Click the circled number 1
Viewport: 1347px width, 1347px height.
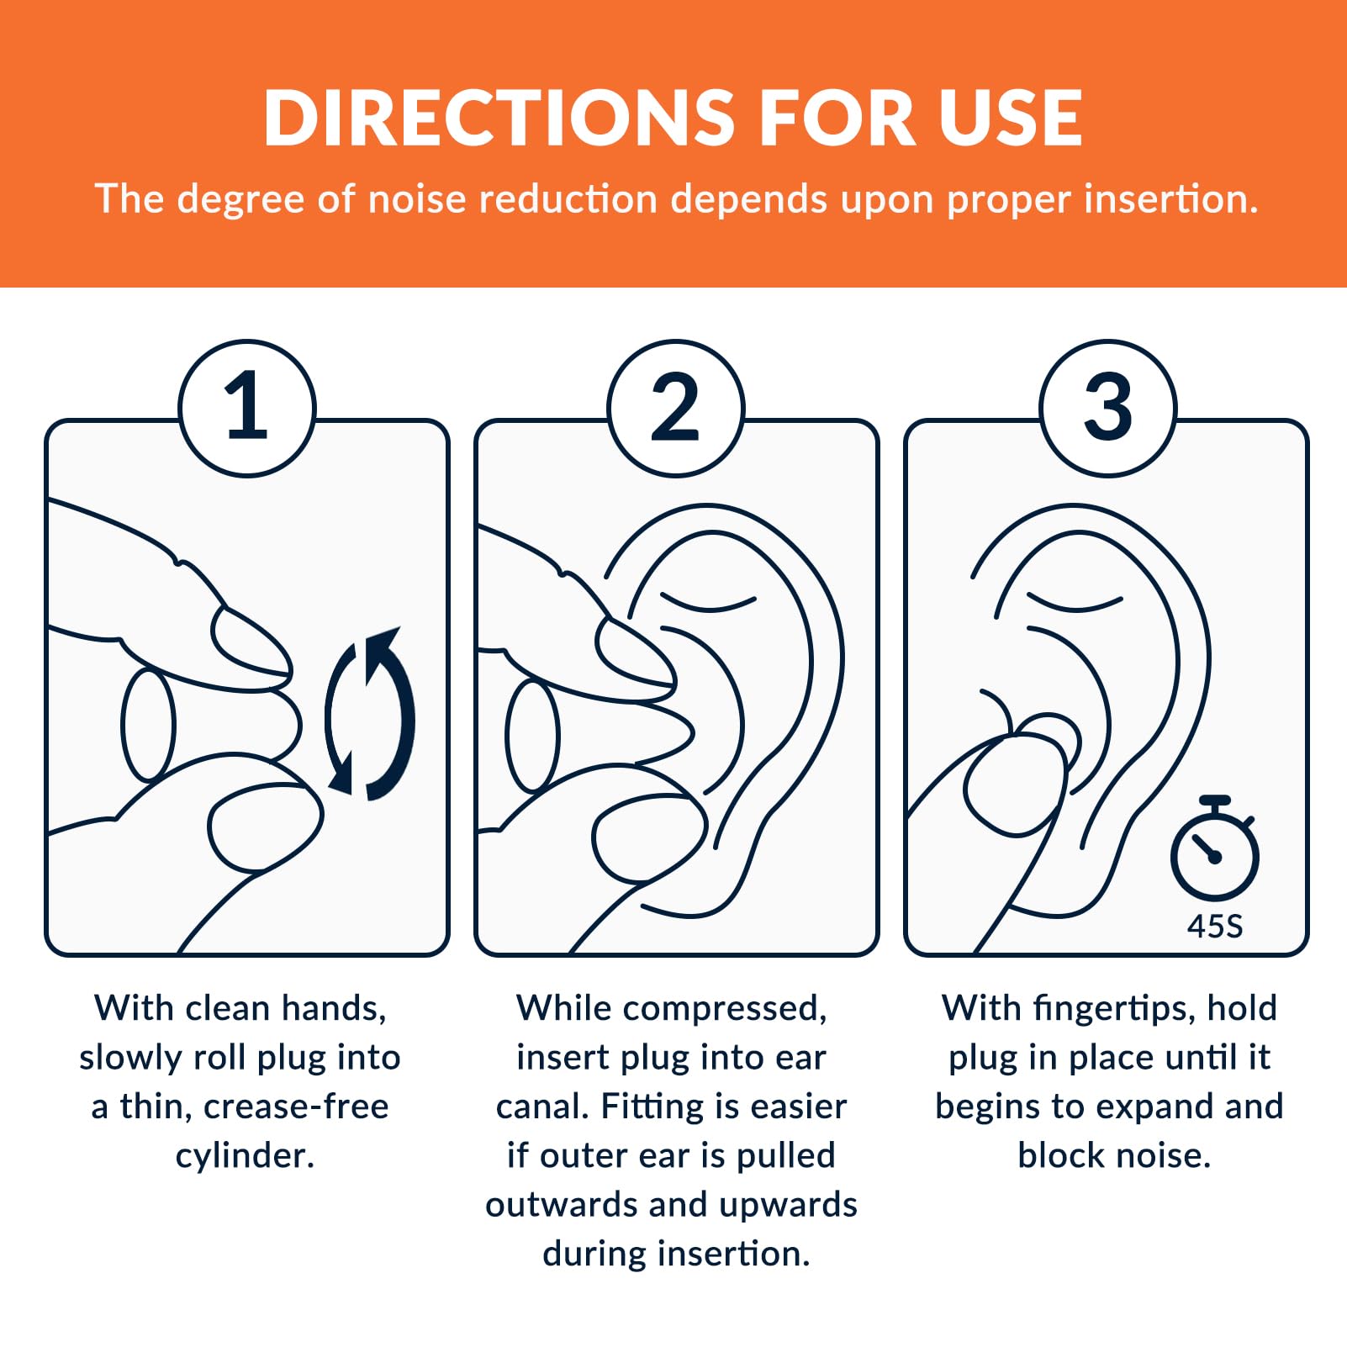pos(247,408)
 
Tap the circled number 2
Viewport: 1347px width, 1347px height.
pos(676,408)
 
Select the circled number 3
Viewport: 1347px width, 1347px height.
pos(1107,408)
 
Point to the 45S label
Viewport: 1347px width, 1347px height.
pos(1214,927)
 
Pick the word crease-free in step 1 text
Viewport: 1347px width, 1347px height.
pos(296,1107)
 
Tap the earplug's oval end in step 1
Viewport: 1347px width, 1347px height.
pos(148,725)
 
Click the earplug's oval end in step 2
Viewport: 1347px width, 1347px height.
pos(532,736)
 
